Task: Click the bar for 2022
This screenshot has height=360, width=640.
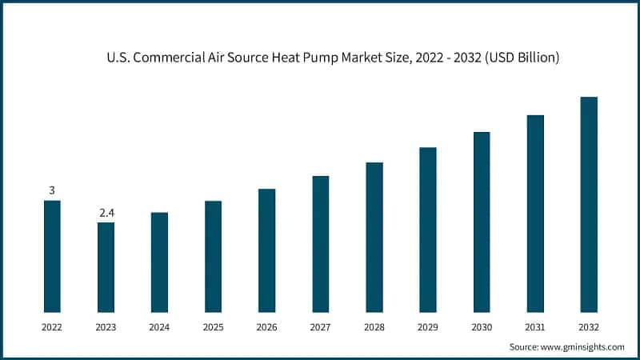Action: (x=52, y=256)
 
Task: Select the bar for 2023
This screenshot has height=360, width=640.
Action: (x=106, y=267)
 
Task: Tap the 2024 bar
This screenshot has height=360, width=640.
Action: (x=159, y=262)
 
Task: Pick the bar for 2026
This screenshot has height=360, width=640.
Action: (x=266, y=250)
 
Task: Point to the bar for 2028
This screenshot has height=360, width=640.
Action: (x=374, y=237)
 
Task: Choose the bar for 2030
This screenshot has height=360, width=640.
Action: (x=482, y=222)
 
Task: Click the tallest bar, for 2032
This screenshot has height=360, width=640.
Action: (x=589, y=204)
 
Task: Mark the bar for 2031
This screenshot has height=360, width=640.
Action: (x=535, y=214)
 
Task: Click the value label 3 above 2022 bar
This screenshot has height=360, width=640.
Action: (x=52, y=190)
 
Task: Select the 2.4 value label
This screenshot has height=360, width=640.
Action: (x=106, y=213)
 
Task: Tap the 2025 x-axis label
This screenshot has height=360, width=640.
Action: (x=213, y=327)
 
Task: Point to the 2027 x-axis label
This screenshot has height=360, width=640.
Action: (x=320, y=327)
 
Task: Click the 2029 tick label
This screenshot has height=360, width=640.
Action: (x=428, y=327)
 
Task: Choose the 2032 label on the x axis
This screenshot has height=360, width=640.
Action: (x=589, y=327)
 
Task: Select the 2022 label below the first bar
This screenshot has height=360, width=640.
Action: (x=52, y=327)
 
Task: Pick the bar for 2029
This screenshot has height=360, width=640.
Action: (x=428, y=230)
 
